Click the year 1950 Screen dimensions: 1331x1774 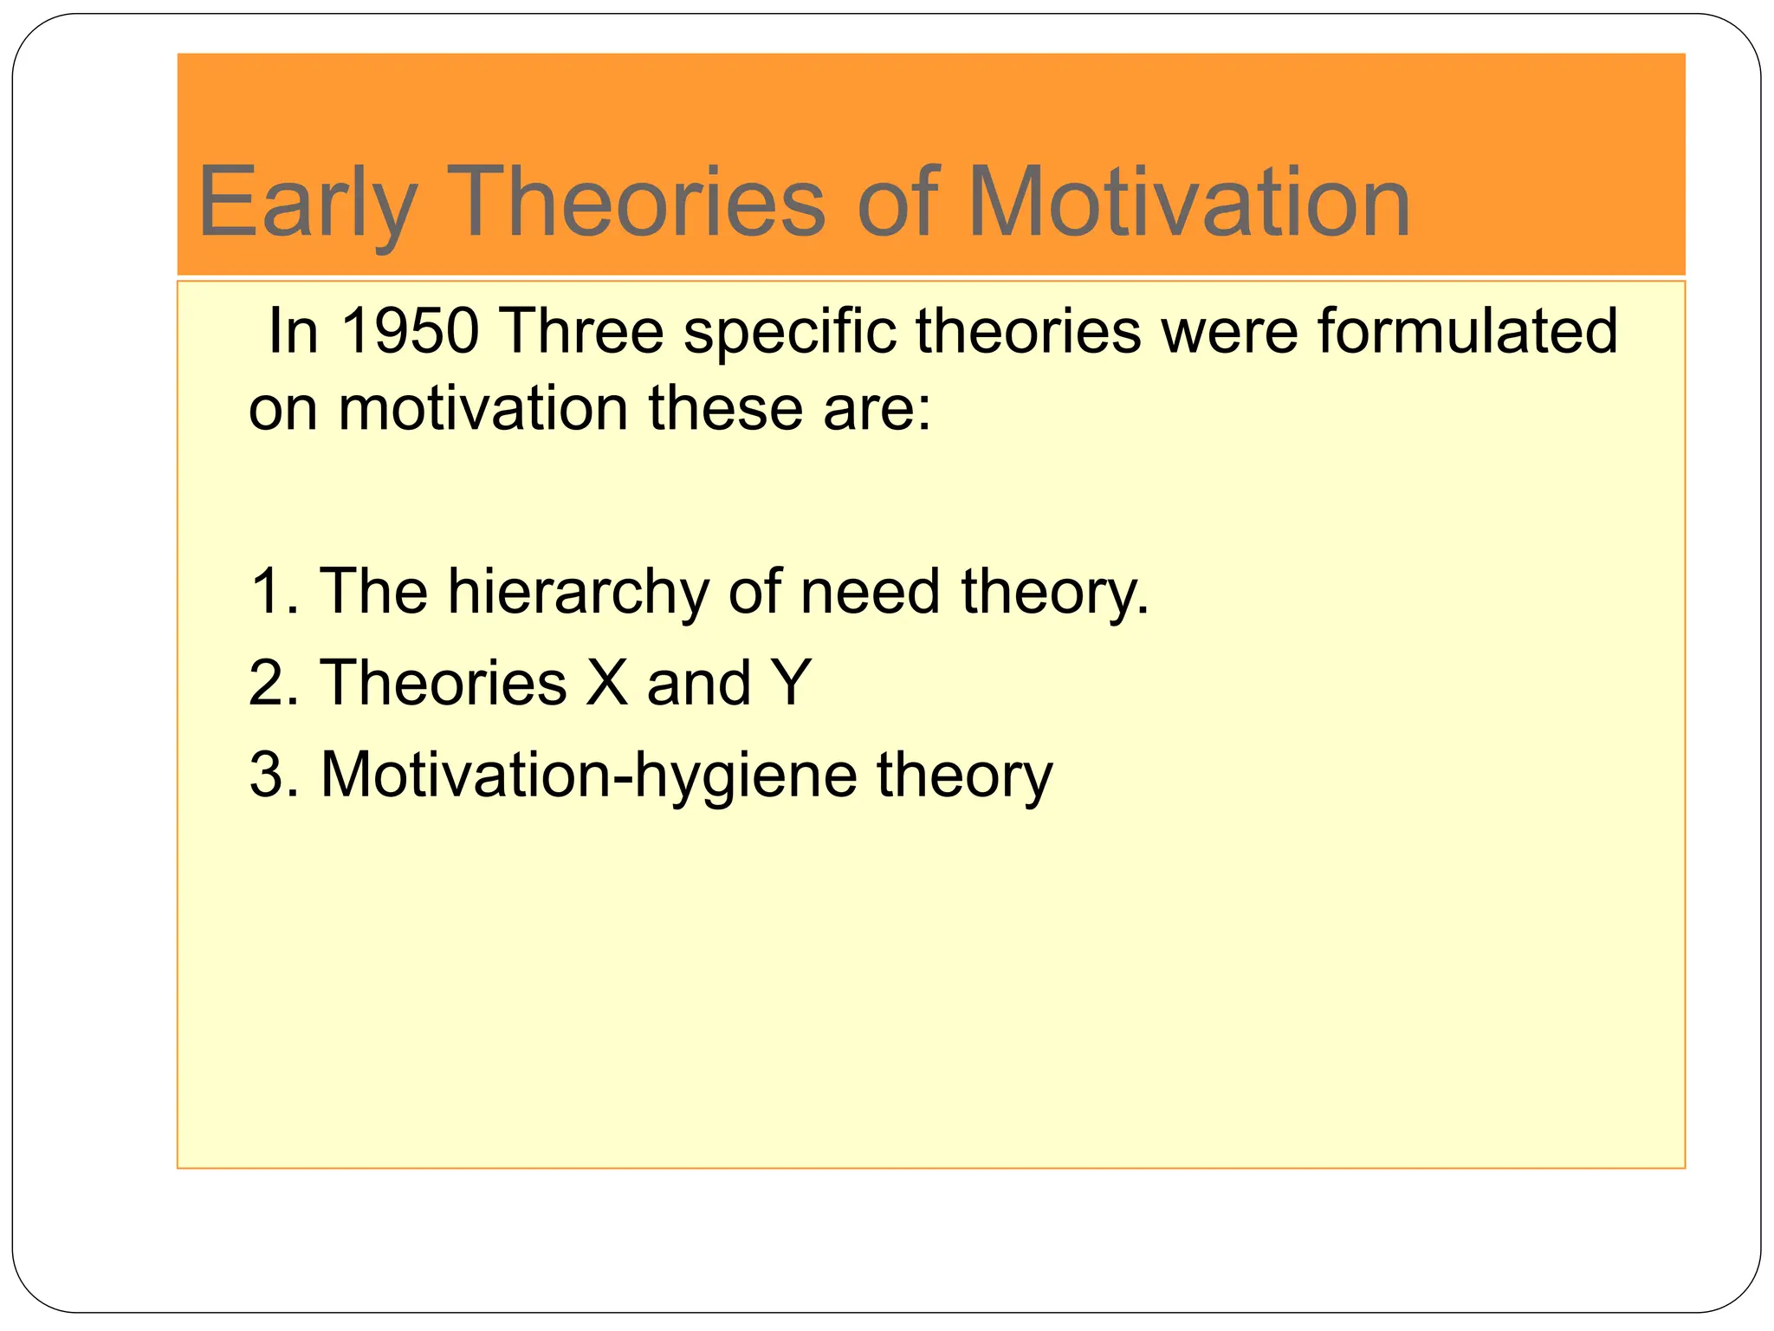(x=410, y=331)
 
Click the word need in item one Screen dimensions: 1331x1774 (x=870, y=592)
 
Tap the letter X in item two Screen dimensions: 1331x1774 (x=606, y=683)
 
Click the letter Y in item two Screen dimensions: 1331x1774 (x=791, y=683)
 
